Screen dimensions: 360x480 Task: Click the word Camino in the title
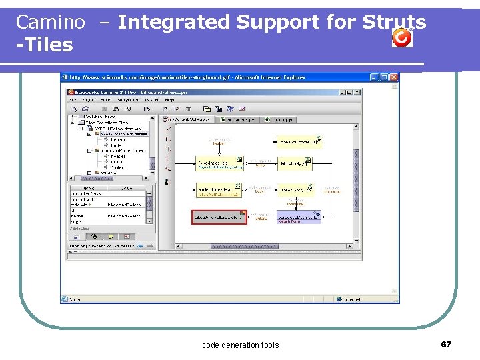coord(51,22)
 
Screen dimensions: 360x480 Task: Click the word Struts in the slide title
coord(394,22)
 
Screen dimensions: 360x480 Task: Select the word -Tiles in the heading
coord(45,45)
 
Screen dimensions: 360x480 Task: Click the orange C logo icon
coord(402,38)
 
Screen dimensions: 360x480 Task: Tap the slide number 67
coord(446,344)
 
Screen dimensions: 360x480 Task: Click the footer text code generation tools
coord(240,345)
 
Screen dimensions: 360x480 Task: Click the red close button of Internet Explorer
coord(394,77)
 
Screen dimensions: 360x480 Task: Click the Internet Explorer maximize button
coord(385,77)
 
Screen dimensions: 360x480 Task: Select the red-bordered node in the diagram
coord(219,217)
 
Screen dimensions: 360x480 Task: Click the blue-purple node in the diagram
coord(299,217)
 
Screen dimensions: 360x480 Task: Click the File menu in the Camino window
coord(73,99)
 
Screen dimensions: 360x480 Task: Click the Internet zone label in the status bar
coord(352,299)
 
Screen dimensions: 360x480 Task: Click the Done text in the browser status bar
coord(75,299)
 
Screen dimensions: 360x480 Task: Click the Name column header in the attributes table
coord(87,188)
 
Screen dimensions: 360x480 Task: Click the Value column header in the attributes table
coord(126,188)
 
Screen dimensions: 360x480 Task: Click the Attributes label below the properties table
coord(79,229)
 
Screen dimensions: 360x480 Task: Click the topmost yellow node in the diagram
coord(299,141)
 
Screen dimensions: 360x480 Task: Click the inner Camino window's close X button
coord(358,91)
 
